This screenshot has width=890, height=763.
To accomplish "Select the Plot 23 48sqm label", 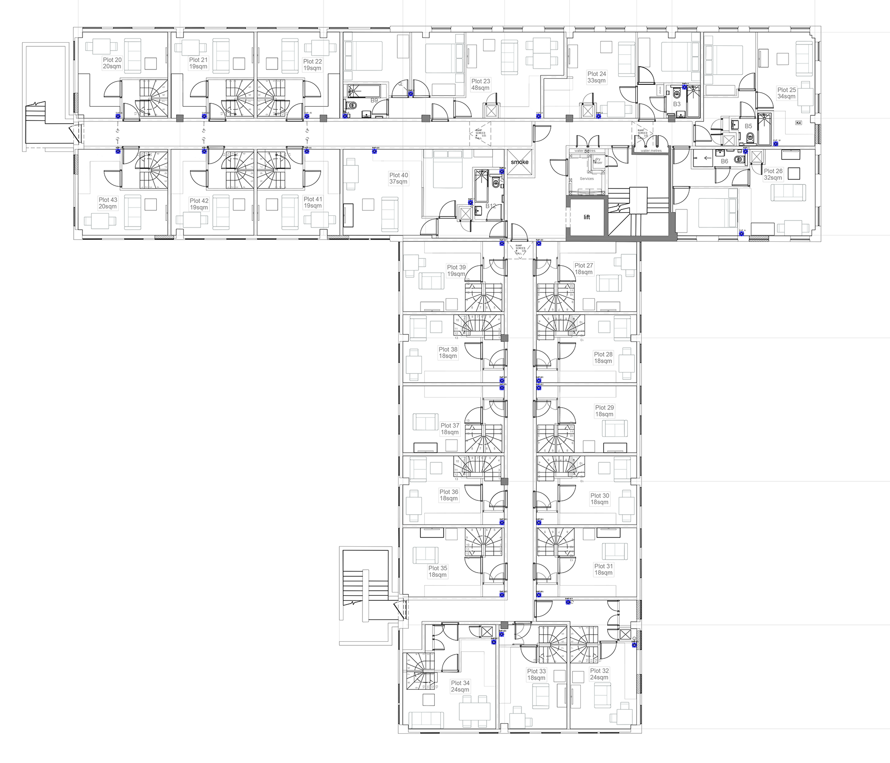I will (x=480, y=84).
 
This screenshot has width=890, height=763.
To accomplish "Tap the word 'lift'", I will (x=587, y=217).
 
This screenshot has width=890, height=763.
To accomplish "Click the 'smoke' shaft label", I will (x=520, y=162).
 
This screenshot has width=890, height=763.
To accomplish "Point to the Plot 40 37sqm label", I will (x=399, y=178).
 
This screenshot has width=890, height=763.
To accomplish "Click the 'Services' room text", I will (x=586, y=179).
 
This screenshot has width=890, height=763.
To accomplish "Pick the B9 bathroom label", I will (x=374, y=101).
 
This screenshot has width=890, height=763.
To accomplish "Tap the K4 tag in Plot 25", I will (x=798, y=123).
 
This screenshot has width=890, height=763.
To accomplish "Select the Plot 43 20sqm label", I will (x=108, y=203).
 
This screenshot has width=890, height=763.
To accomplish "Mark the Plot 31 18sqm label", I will (x=604, y=569).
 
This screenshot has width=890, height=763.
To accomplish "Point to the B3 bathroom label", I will (x=677, y=104).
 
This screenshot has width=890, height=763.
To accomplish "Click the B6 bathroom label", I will (x=725, y=161).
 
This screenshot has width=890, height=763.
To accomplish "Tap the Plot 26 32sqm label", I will (x=773, y=174).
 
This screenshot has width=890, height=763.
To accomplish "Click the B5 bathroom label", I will (x=748, y=126).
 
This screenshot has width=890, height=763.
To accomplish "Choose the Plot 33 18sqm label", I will (x=536, y=675).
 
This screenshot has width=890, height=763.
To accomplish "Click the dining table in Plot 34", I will (x=475, y=711).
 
